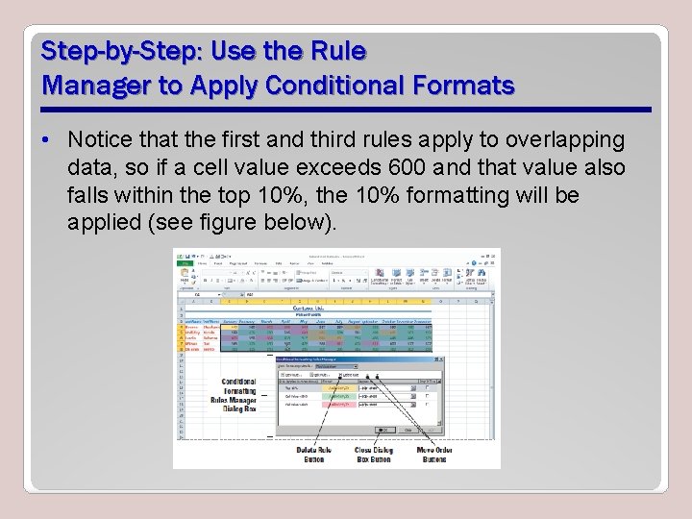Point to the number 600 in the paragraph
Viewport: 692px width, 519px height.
400,168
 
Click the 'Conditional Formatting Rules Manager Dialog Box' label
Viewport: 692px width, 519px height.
238,395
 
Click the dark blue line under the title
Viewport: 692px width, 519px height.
346,109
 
